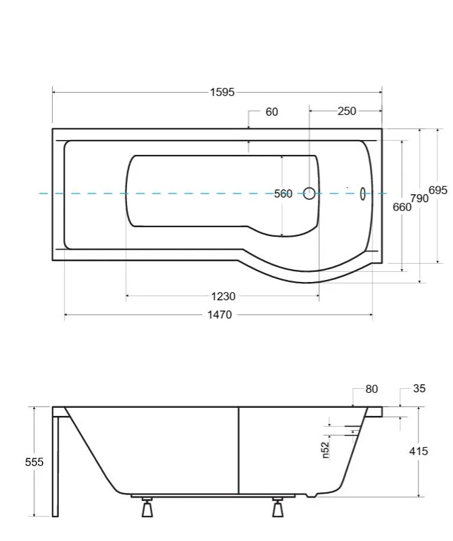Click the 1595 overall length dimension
(x=222, y=92)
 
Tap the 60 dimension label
(x=272, y=112)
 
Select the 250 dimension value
(x=347, y=111)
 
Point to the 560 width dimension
(x=283, y=193)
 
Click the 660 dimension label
(x=402, y=207)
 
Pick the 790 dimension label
(x=419, y=198)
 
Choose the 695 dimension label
(x=438, y=190)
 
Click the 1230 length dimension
(x=223, y=296)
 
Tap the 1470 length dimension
(x=220, y=314)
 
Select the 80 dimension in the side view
(x=372, y=389)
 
